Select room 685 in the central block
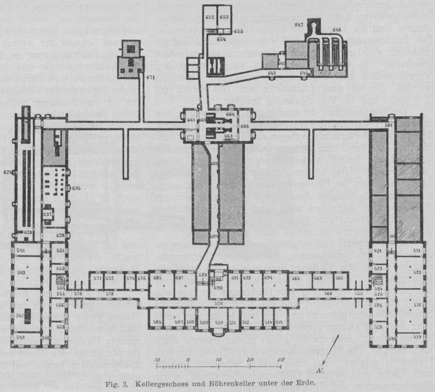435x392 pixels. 157,278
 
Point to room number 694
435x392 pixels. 268,278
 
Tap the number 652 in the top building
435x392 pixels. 210,18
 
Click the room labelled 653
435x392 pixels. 224,18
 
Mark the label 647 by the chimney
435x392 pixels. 299,25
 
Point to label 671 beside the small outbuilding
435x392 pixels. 150,78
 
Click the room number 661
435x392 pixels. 191,120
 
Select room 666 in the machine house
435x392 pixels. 244,126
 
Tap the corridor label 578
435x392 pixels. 109,294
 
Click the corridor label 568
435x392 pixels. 328,293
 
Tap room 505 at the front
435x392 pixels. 157,322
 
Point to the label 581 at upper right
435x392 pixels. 389,126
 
